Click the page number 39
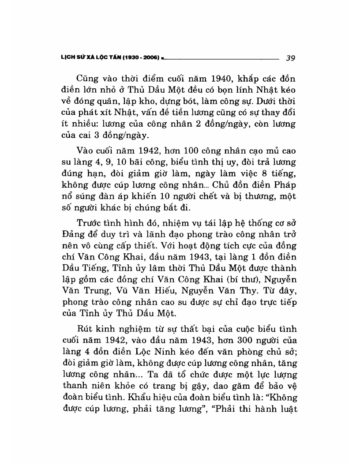pyautogui.click(x=290, y=57)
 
